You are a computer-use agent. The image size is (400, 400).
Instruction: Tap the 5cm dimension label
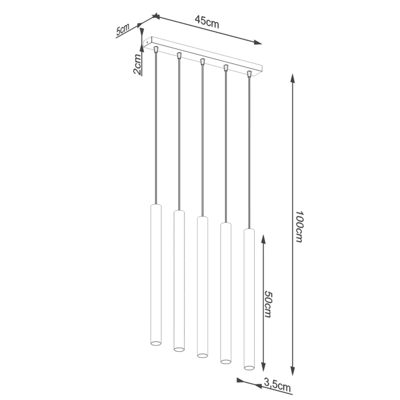pos(123,30)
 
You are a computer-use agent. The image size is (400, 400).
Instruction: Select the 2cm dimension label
pos(137,64)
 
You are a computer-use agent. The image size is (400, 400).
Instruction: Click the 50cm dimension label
pos(268,303)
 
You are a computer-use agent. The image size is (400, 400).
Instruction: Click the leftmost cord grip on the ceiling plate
pos(155,50)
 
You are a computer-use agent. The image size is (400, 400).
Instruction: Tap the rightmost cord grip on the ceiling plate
pos(249,74)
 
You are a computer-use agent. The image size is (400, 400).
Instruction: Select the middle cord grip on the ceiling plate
pos(202,62)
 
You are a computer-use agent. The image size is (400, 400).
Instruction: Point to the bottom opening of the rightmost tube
pos(249,367)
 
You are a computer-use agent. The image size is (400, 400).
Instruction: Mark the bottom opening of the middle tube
pos(202,355)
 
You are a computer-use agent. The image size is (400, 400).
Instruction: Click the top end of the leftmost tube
pos(155,206)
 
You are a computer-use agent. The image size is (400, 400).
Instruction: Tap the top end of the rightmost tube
pos(249,230)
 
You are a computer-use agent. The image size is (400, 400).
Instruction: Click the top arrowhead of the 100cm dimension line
pos(291,77)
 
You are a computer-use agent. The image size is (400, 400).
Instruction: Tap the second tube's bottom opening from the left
pos(178,350)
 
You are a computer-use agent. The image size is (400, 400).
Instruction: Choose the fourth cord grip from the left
pos(226,68)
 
